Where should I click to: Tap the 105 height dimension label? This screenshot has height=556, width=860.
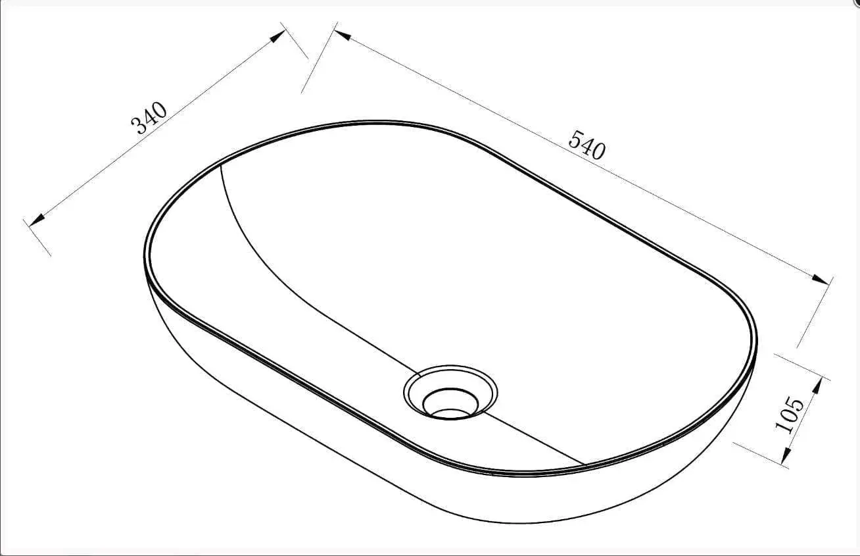click(790, 415)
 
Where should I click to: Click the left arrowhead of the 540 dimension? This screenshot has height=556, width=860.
click(341, 34)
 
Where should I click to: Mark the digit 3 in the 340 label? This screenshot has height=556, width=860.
click(141, 126)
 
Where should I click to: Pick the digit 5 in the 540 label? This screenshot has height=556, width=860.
click(575, 139)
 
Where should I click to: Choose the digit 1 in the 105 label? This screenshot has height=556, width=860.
click(784, 426)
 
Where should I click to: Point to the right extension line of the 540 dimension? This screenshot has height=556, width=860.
click(814, 313)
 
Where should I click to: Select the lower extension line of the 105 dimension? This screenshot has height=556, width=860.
click(759, 454)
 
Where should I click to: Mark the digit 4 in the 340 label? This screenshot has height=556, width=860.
click(151, 118)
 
